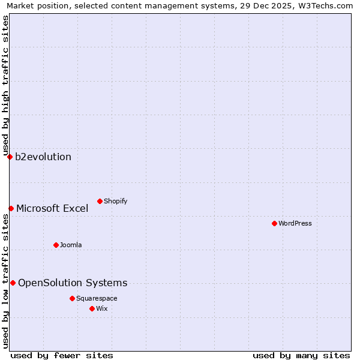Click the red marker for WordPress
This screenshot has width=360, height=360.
(274, 223)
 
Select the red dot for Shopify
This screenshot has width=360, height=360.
(100, 201)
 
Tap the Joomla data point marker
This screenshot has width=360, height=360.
(56, 245)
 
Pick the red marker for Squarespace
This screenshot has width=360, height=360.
(72, 298)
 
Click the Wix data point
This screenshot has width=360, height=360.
(92, 308)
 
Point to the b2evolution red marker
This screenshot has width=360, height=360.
(10, 157)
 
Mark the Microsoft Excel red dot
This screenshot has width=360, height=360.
(11, 208)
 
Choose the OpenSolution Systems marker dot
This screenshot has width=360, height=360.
(13, 283)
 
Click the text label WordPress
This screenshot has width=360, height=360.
(295, 223)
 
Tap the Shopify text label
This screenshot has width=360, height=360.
(115, 201)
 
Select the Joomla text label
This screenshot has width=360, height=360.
(71, 245)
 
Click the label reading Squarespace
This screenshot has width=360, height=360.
(97, 298)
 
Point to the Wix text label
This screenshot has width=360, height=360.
(101, 308)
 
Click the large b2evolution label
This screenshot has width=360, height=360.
(43, 157)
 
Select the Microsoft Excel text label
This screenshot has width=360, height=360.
(52, 208)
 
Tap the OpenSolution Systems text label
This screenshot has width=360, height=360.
(73, 283)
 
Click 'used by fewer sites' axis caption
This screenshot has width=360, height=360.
(62, 355)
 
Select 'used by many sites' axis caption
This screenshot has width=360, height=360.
(301, 355)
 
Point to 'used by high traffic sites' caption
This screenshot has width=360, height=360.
(5, 84)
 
